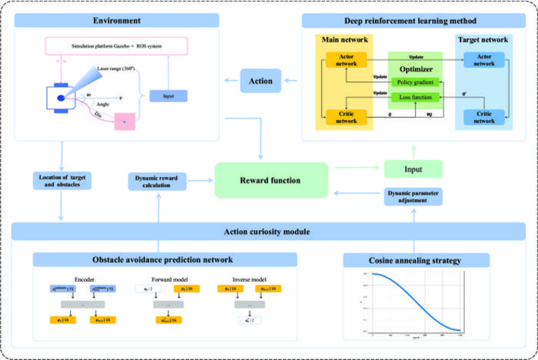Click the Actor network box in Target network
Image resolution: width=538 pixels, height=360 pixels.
click(483, 59)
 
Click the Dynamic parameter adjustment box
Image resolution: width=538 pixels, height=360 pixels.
click(415, 197)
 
